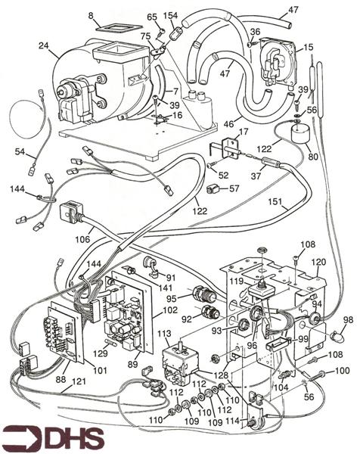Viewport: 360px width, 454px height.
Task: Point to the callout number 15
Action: click(x=308, y=47)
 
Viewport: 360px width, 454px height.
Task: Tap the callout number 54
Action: click(x=19, y=153)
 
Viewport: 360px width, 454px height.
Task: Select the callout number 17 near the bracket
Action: click(x=243, y=133)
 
